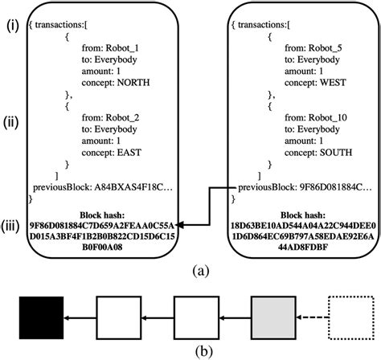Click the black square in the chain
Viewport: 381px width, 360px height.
pos(42,318)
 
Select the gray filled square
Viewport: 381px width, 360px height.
pos(272,318)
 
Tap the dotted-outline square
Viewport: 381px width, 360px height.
pos(350,318)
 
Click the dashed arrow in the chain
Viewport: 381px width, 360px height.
pos(311,319)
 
